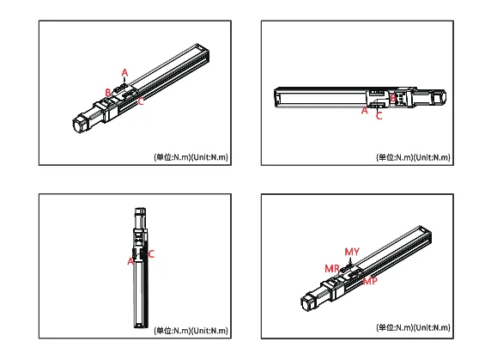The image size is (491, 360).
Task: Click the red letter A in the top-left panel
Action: [124, 72]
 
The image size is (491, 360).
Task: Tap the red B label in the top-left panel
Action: [107, 92]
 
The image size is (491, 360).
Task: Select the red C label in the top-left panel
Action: [141, 101]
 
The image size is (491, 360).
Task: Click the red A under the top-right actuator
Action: [364, 111]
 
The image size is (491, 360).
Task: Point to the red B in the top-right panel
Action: [392, 99]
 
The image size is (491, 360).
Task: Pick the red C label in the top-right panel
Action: [379, 115]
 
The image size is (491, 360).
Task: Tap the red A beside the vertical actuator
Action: [130, 259]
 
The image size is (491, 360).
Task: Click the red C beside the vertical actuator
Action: [151, 254]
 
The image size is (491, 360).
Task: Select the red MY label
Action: [352, 251]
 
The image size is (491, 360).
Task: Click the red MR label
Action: [331, 269]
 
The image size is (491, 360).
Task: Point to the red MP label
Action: [369, 281]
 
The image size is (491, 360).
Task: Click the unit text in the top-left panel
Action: [191, 157]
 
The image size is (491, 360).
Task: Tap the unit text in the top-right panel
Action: [413, 157]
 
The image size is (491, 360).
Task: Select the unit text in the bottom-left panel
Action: [191, 330]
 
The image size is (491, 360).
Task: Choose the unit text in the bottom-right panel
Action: [413, 328]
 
